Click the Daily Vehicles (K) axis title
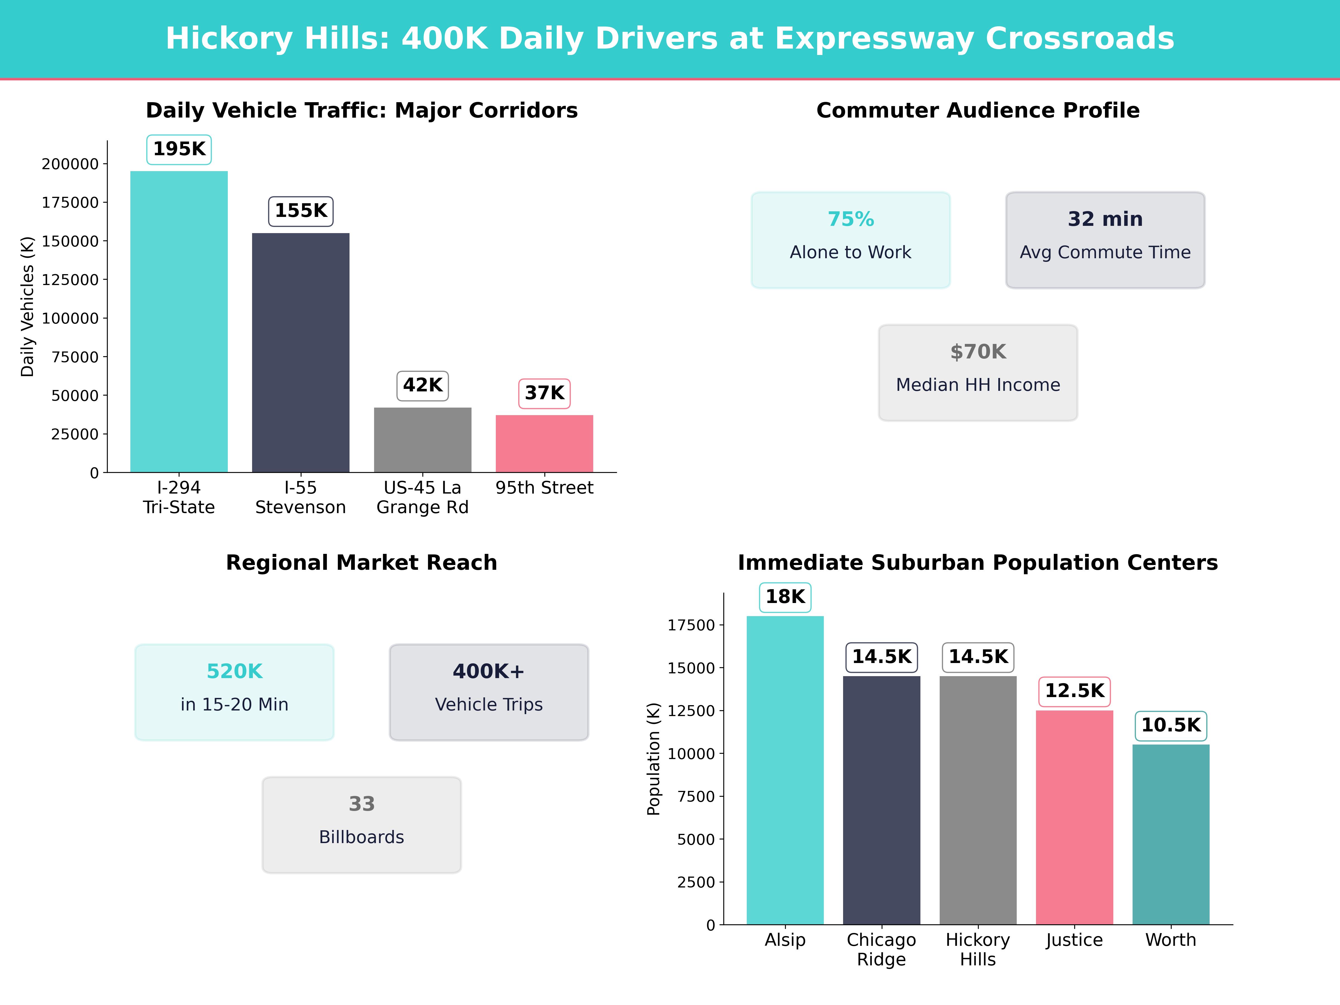point(27,307)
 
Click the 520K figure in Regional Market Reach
point(234,671)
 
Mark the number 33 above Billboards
point(362,804)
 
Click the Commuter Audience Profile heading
point(978,110)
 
